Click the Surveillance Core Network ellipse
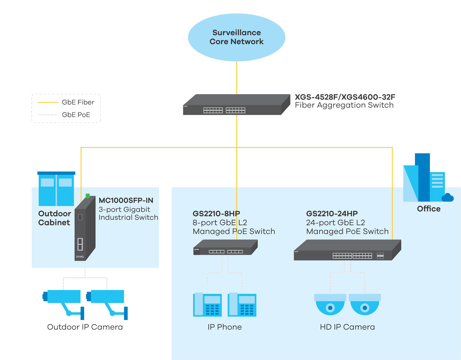pyautogui.click(x=236, y=37)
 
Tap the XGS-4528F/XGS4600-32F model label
pyautogui.click(x=344, y=96)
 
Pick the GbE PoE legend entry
pyautogui.click(x=76, y=114)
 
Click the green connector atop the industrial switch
pyautogui.click(x=88, y=196)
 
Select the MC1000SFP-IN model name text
pyautogui.click(x=126, y=200)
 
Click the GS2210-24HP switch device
pyautogui.click(x=347, y=250)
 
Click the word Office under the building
pyautogui.click(x=429, y=209)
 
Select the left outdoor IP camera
pyautogui.click(x=63, y=302)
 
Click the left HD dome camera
pyautogui.click(x=330, y=305)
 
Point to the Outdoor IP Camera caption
pyautogui.click(x=85, y=327)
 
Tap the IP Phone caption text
pyautogui.click(x=224, y=327)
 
